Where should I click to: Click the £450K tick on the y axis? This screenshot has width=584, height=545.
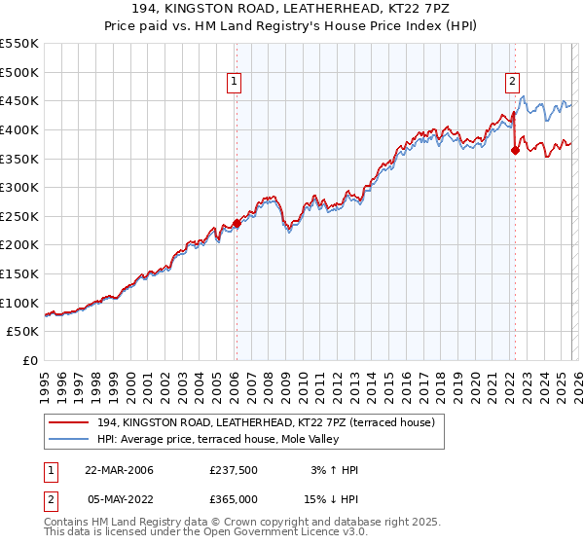click(x=19, y=100)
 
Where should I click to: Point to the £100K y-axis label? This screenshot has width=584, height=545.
click(x=19, y=303)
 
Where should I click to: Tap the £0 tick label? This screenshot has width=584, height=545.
click(x=30, y=360)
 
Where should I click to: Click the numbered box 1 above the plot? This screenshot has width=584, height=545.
click(x=236, y=83)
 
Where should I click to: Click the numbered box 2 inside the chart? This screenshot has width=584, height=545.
click(x=512, y=83)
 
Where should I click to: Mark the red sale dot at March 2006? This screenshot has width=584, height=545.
click(x=237, y=223)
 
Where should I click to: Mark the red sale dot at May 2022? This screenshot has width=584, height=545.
click(x=515, y=150)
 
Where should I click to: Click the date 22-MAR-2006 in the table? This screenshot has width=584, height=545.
click(x=119, y=470)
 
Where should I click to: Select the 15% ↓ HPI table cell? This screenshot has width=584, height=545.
click(x=333, y=497)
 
